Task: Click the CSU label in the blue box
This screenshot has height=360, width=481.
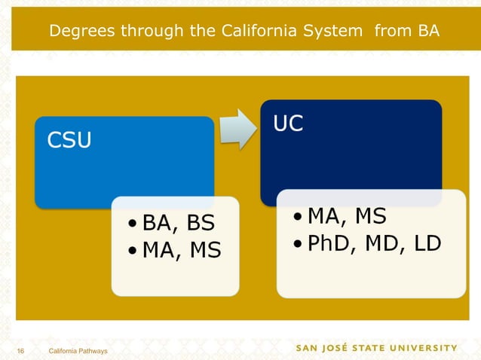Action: point(69,140)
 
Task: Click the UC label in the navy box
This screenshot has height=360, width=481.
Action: point(288,124)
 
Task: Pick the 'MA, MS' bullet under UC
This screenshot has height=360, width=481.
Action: point(345,217)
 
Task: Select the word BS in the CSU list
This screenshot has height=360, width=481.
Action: point(200,223)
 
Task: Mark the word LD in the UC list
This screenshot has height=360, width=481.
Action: point(425,244)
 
